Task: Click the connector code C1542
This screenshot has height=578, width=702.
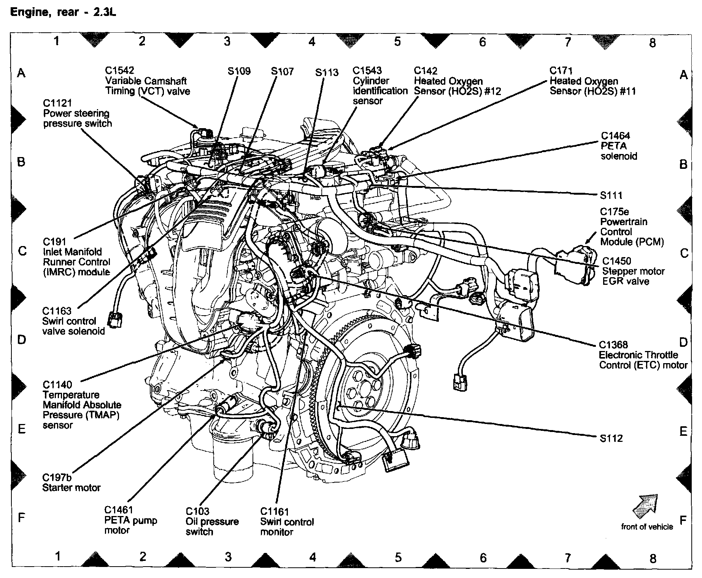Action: tap(119, 71)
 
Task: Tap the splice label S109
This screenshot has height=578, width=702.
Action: tap(239, 71)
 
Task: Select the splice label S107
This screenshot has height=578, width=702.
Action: tap(282, 71)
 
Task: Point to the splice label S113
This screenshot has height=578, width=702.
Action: tap(327, 72)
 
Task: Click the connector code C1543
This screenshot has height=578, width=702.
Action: tap(367, 71)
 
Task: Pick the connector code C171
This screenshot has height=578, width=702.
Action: tap(561, 71)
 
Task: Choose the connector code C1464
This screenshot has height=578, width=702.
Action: tap(615, 136)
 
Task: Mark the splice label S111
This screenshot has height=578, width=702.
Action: tap(611, 195)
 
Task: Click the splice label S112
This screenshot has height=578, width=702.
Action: tap(611, 438)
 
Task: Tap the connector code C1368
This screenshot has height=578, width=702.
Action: tap(613, 345)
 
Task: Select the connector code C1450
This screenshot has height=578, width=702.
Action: tap(616, 261)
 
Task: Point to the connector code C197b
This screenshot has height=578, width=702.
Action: tap(57, 478)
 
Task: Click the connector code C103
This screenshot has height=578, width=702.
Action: tap(197, 511)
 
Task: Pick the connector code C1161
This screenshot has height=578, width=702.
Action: tap(275, 512)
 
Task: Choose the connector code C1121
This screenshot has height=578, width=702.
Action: tap(57, 103)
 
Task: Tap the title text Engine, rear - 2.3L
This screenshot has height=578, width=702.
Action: tap(63, 13)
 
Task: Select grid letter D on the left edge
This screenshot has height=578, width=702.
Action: tap(22, 339)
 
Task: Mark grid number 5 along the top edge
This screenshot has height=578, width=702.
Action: tap(397, 41)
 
